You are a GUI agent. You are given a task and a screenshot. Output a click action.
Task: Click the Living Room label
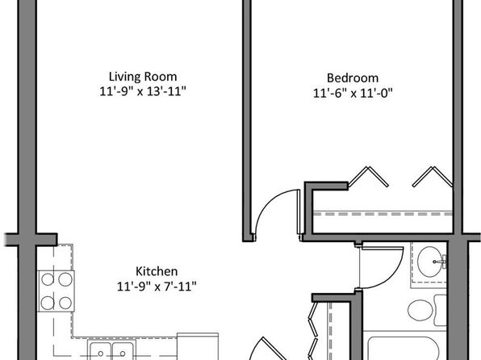tap(143, 77)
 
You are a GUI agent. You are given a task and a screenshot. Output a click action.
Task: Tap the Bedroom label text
tap(353, 78)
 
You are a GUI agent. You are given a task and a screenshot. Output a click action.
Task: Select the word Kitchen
tap(157, 271)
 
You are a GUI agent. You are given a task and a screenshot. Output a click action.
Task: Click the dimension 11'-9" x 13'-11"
tap(143, 91)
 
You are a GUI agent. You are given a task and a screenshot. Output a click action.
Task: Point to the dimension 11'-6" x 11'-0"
tap(353, 93)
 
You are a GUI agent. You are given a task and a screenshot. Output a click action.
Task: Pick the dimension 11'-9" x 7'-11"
tap(157, 287)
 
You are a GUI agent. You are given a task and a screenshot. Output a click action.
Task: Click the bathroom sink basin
tap(429, 262)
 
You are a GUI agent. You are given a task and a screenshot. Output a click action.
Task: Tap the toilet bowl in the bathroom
tap(420, 310)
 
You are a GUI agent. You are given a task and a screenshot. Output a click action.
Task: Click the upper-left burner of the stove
tap(48, 279)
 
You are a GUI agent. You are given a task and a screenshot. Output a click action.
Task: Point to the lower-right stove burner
tap(65, 303)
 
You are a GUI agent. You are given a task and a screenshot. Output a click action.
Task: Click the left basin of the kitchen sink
tap(100, 350)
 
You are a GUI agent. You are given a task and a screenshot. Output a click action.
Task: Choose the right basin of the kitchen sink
tap(123, 350)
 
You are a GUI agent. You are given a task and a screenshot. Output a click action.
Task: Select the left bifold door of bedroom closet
tap(369, 177)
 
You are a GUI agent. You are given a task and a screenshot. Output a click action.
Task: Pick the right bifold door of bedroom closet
tap(433, 177)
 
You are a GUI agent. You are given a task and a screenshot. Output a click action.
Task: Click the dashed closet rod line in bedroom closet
tap(383, 214)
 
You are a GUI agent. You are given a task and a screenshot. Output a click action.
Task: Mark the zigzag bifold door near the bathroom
tap(313, 330)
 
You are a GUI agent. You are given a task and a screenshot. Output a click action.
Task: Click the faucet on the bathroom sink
tap(440, 262)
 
